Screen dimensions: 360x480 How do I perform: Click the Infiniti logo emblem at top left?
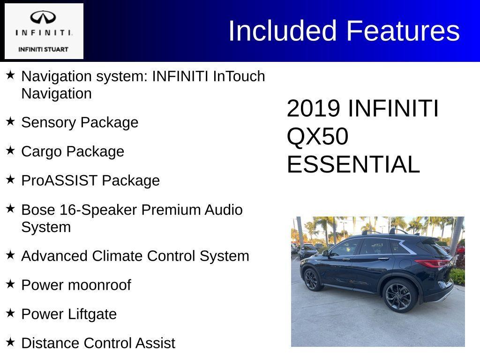(43, 18)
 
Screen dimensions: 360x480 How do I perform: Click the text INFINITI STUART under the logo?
(43, 49)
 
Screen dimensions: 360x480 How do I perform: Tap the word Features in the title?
(403, 31)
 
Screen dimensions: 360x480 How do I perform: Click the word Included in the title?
(283, 31)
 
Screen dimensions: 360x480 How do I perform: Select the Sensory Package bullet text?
(80, 122)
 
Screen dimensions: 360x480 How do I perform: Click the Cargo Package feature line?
(73, 151)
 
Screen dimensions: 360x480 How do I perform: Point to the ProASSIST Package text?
(90, 180)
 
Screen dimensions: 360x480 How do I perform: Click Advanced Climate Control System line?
(135, 256)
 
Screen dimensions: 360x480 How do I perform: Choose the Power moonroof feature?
(76, 285)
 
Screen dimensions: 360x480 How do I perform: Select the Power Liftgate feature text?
(69, 314)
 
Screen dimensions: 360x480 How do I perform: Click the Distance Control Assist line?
(98, 343)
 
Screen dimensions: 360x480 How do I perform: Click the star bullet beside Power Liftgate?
(10, 313)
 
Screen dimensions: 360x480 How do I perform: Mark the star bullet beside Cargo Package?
(10, 150)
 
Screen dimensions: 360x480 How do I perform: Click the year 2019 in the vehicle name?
(313, 109)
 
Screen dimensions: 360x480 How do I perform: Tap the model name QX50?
(317, 137)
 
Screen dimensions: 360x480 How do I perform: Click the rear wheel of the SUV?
(398, 296)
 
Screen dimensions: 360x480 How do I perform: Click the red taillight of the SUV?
(433, 263)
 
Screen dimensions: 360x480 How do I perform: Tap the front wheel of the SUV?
(311, 280)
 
